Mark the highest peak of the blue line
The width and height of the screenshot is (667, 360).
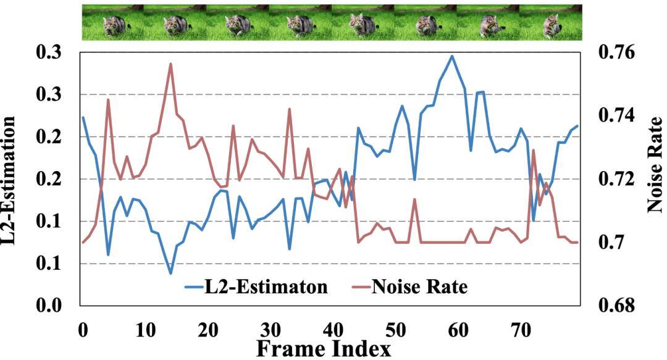point(452,56)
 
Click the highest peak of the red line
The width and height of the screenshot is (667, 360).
point(170,64)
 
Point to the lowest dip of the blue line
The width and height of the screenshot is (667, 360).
point(170,273)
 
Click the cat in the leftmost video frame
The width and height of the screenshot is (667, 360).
point(114,25)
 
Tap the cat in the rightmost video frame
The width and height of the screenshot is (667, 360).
point(551,26)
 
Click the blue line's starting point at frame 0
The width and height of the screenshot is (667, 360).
point(83,117)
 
